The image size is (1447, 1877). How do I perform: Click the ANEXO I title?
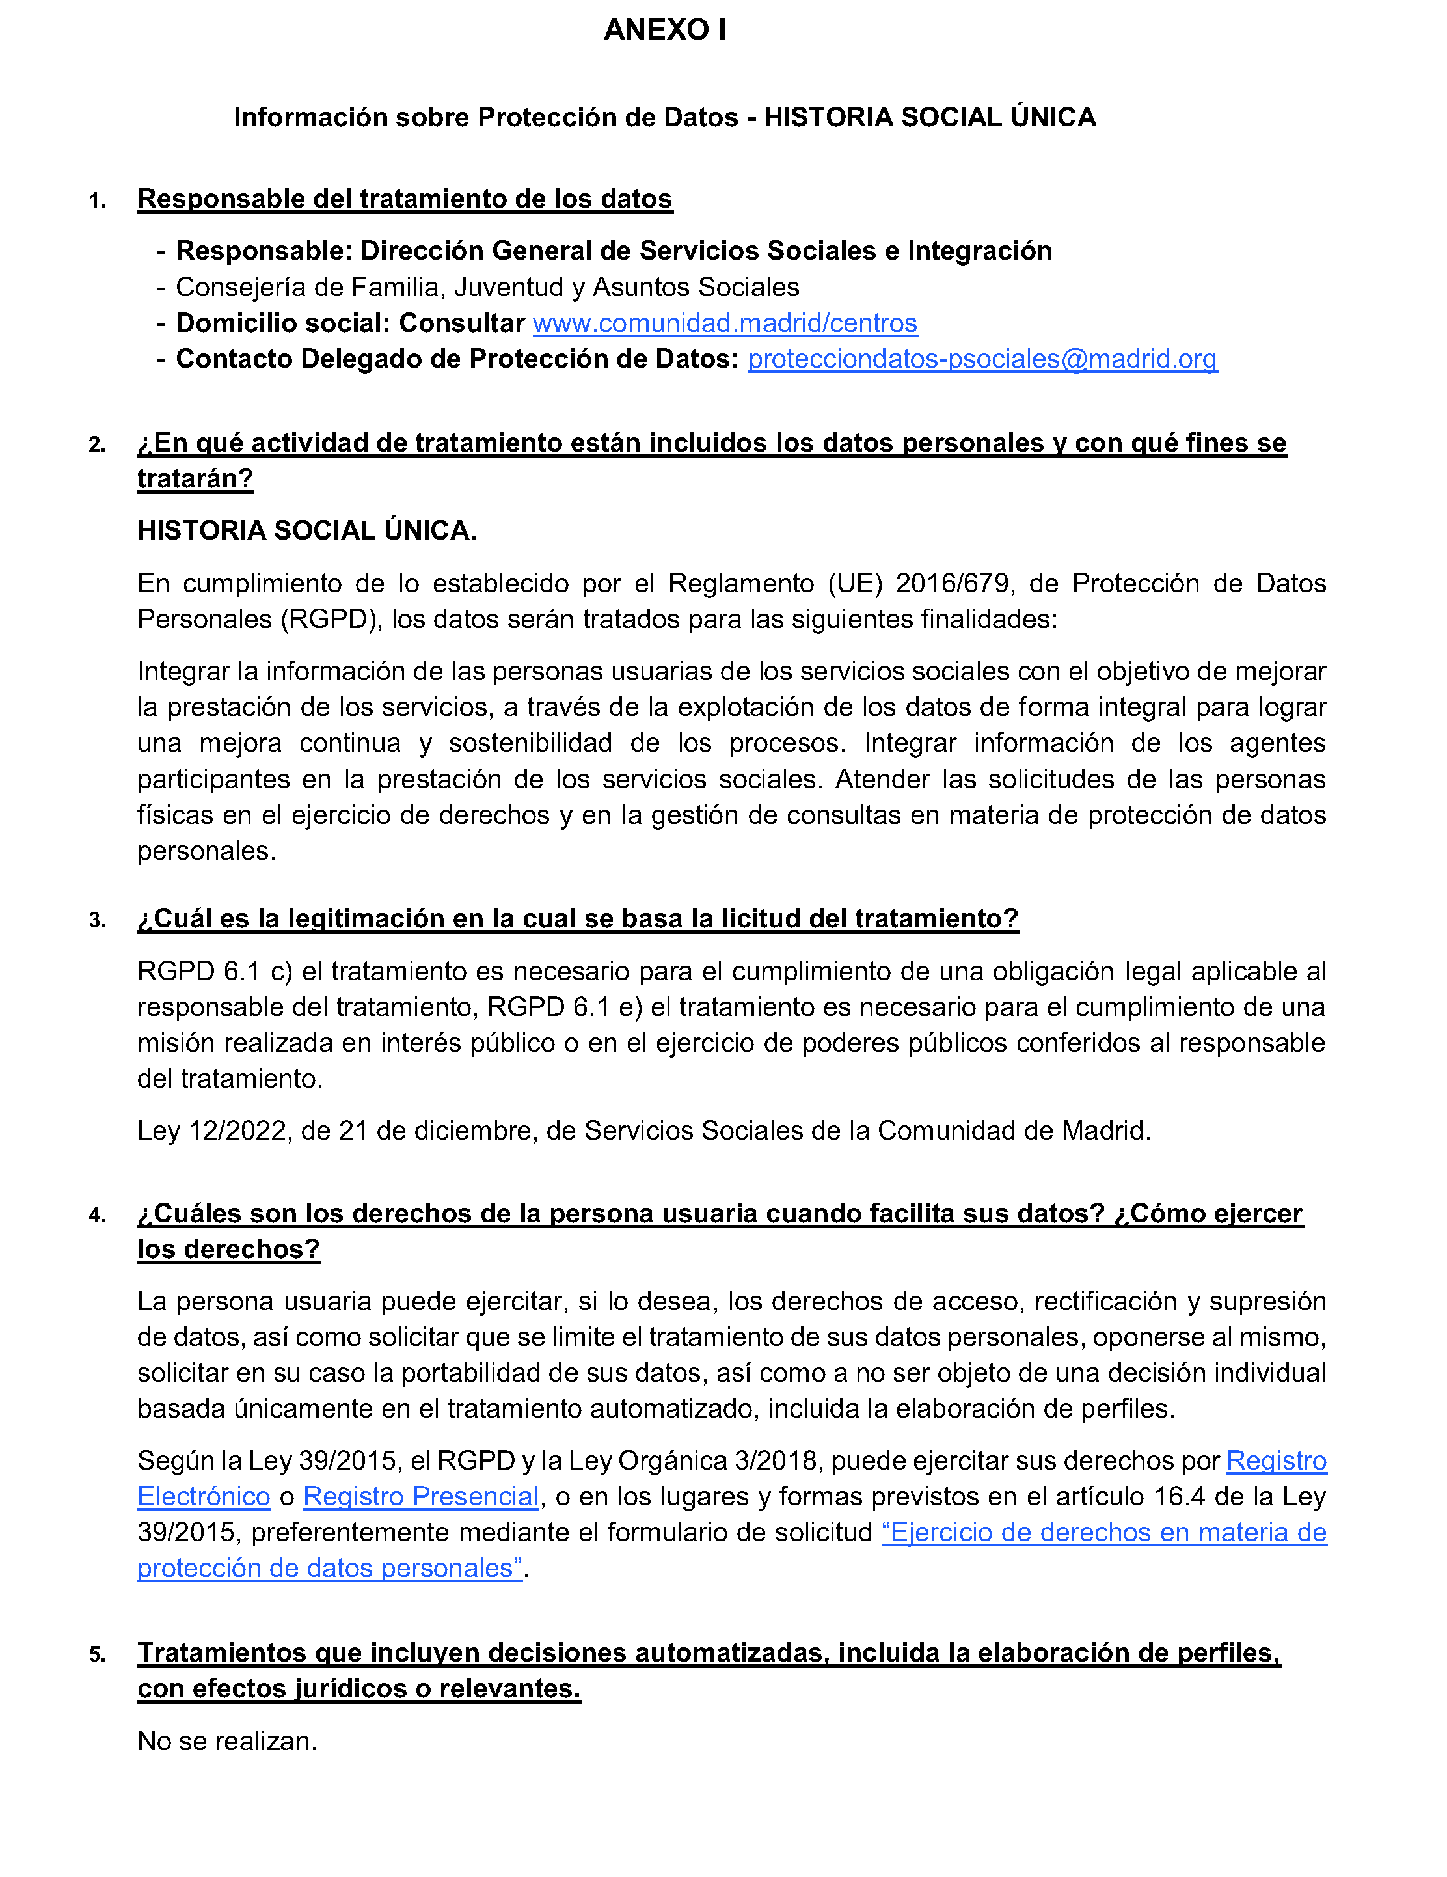coord(664,30)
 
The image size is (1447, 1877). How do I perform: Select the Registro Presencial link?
coord(420,1496)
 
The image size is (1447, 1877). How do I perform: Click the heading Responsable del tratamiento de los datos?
coord(405,199)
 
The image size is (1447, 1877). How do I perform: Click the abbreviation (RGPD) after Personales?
coord(331,620)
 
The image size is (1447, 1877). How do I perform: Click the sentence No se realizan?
coord(227,1741)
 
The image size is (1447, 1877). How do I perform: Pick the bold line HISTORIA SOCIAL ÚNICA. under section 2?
coord(306,531)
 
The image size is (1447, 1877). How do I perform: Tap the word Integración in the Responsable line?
coord(980,251)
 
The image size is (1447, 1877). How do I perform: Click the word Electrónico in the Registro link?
coord(204,1496)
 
